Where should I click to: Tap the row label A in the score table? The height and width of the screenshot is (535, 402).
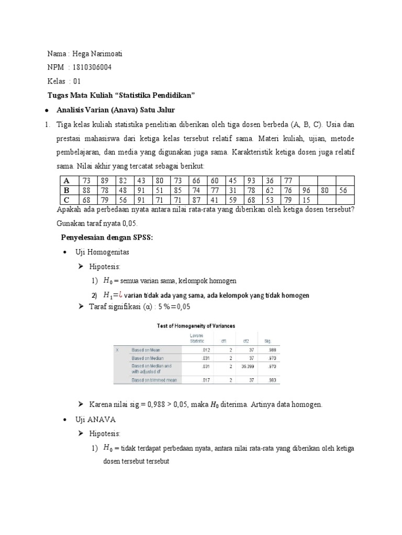[66, 181]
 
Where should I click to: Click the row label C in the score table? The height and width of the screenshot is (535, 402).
[66, 200]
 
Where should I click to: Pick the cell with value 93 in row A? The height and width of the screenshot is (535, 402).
[251, 181]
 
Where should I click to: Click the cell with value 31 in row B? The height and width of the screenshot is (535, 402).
[233, 190]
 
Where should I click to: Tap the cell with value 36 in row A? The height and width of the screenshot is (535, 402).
[270, 181]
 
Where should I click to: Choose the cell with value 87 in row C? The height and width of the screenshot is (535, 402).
[196, 200]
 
